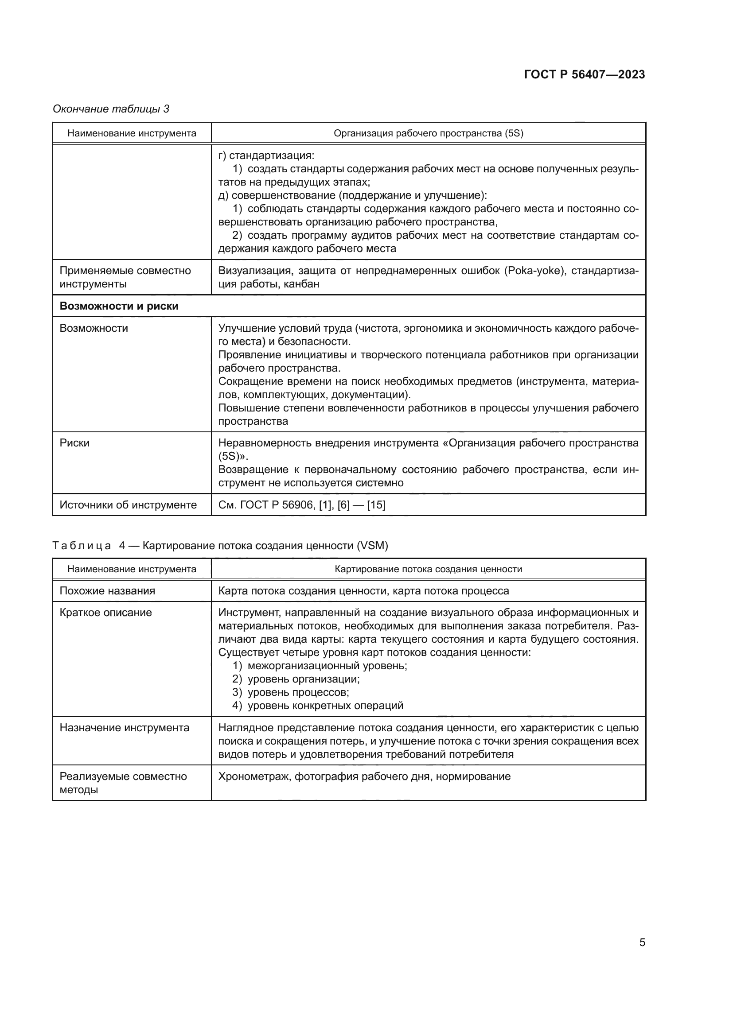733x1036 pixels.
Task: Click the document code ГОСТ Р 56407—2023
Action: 585,74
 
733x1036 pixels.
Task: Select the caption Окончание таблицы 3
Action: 111,109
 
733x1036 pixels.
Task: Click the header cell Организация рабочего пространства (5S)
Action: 428,133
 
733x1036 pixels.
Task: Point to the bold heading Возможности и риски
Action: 119,306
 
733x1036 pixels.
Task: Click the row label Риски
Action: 74,442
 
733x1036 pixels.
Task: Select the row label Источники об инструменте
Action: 128,504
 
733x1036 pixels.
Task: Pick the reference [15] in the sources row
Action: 376,504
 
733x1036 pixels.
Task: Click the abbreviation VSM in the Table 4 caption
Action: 372,546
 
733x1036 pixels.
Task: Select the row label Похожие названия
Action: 107,591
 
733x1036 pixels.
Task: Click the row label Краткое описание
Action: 105,612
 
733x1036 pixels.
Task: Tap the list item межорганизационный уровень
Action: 327,666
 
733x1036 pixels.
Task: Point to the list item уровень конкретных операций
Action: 325,705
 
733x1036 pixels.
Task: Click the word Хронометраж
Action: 253,776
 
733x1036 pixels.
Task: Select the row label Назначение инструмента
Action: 125,727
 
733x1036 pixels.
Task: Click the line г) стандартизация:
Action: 266,155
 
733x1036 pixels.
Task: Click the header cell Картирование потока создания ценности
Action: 428,569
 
